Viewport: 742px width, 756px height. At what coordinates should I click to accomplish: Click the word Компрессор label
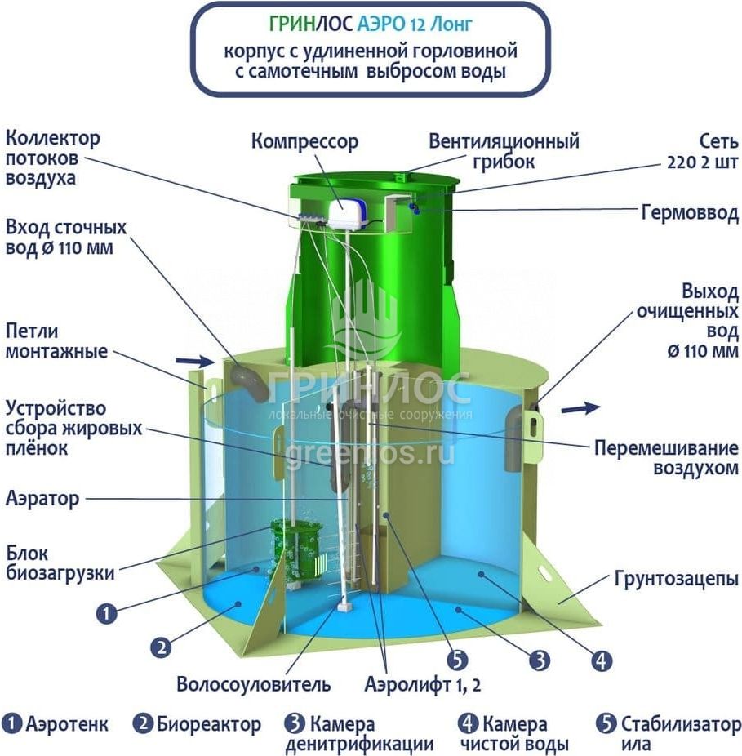pos(304,142)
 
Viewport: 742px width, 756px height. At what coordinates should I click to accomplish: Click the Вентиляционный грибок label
pos(504,151)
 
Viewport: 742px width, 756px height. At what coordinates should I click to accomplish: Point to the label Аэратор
pos(42,498)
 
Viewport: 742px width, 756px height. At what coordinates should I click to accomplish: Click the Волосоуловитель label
pos(254,683)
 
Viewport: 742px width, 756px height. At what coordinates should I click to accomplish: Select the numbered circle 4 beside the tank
pos(602,660)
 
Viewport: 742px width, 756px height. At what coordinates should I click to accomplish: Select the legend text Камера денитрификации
pos(359,733)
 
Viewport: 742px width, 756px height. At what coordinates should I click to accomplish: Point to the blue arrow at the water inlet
pos(191,359)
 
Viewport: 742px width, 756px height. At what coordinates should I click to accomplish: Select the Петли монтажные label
pos(56,342)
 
